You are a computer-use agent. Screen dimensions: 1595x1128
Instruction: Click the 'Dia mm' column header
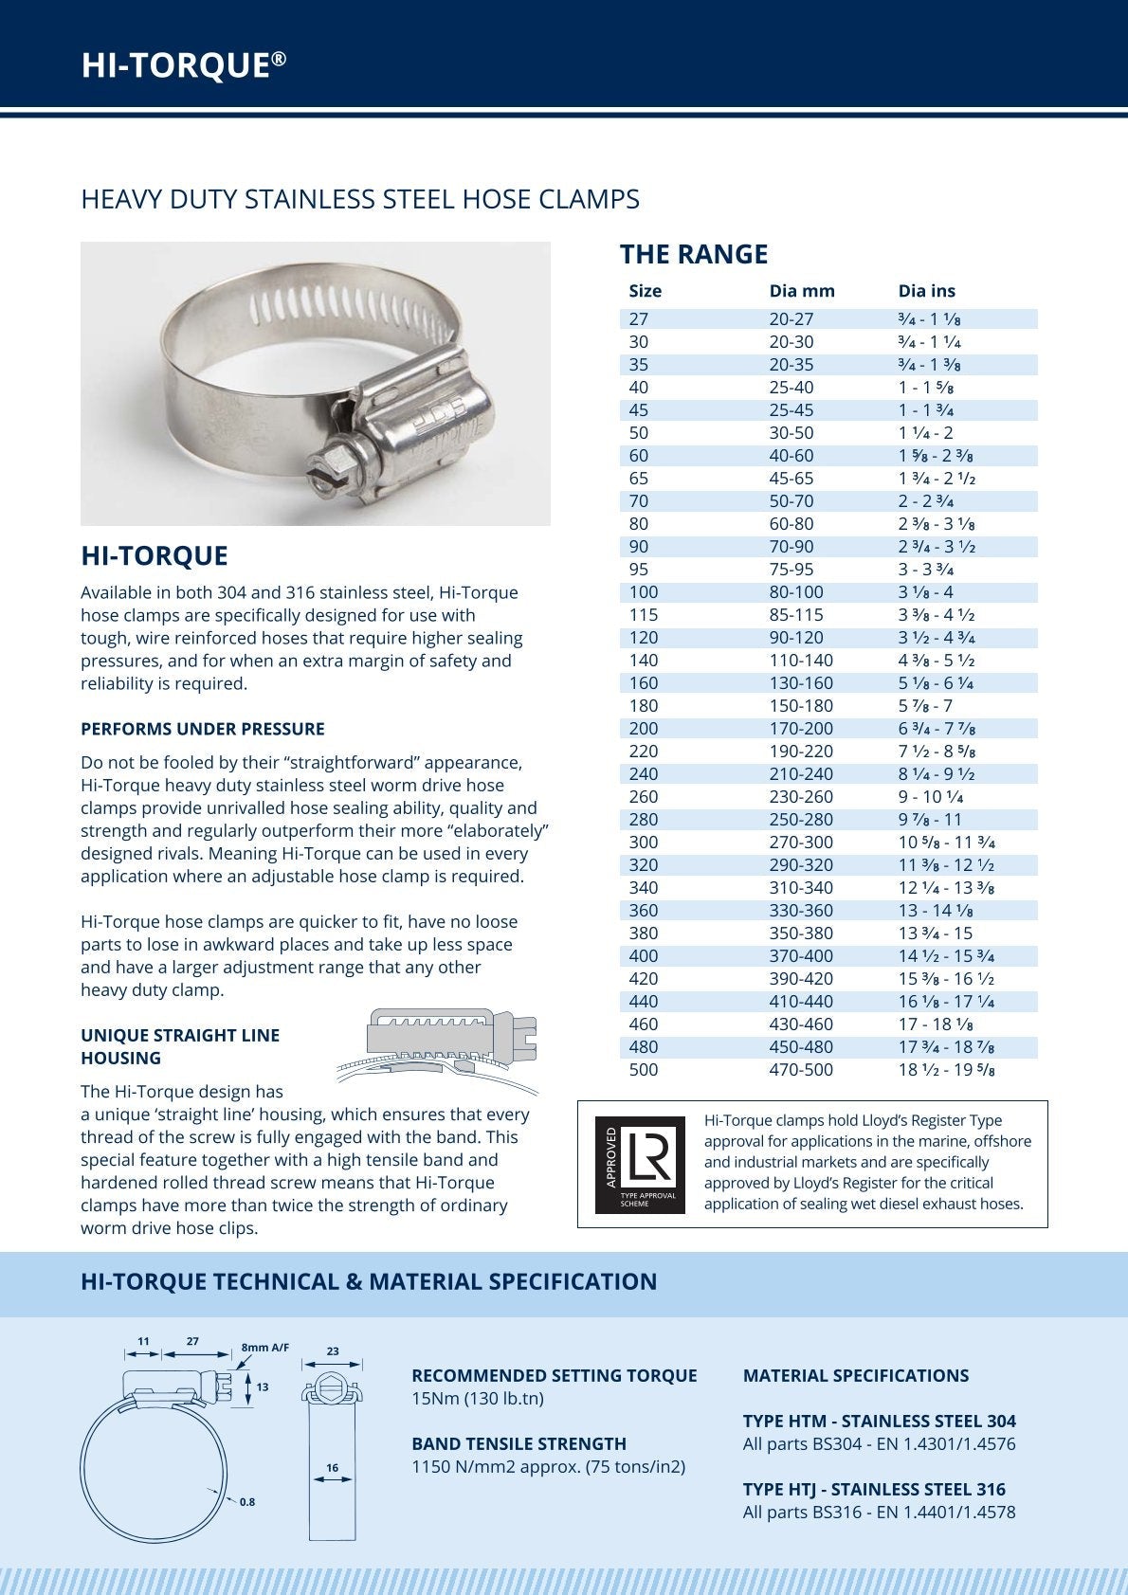802,291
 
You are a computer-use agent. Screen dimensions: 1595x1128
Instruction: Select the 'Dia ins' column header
926,291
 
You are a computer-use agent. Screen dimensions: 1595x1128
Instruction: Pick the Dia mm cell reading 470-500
801,1070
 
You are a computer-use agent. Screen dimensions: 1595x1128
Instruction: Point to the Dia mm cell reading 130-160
801,683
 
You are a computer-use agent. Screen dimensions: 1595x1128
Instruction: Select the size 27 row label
638,319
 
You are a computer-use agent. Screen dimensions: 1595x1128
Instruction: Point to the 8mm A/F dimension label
265,1348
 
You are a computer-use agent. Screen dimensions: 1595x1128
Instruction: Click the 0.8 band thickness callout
247,1502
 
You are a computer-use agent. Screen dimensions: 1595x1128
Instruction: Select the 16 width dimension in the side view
332,1468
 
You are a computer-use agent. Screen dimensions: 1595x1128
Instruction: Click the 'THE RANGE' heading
694,254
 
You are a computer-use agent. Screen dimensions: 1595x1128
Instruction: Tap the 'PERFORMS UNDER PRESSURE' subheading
202,729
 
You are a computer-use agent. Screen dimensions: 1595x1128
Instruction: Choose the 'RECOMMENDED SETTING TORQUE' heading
554,1375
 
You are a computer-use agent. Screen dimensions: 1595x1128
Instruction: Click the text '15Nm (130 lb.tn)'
477,1399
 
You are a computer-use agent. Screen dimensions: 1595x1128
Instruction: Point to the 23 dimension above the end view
333,1351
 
